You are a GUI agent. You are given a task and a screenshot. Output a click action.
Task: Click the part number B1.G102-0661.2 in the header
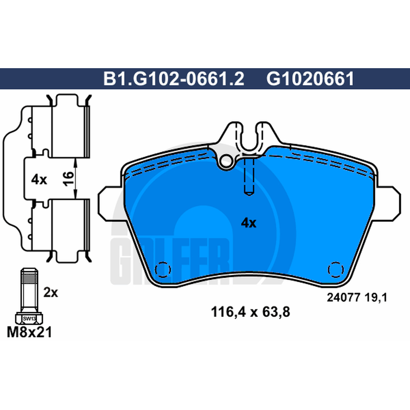tap(174, 78)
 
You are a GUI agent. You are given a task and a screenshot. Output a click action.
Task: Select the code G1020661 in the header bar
tap(310, 78)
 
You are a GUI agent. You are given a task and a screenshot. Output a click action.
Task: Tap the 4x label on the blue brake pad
tap(249, 223)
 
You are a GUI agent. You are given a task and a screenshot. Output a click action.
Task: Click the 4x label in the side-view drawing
tap(39, 180)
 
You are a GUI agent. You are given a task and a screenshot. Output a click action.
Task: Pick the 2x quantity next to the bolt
tap(50, 293)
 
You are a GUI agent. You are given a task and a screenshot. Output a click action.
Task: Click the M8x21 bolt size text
tap(29, 332)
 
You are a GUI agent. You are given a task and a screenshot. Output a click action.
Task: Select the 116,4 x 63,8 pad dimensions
tap(251, 312)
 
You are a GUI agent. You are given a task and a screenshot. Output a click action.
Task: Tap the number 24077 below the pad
tap(343, 298)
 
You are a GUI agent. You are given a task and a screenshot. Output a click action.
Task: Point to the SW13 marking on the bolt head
tap(29, 319)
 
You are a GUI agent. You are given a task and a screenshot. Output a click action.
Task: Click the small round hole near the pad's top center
tap(227, 161)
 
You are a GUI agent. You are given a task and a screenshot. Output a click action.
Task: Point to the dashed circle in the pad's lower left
tap(162, 270)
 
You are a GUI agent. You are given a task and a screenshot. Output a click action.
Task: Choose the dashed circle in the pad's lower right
tap(336, 270)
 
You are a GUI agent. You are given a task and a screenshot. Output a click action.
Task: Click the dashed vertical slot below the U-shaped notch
tap(249, 177)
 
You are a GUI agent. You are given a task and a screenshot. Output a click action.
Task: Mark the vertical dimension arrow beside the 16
tap(75, 178)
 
